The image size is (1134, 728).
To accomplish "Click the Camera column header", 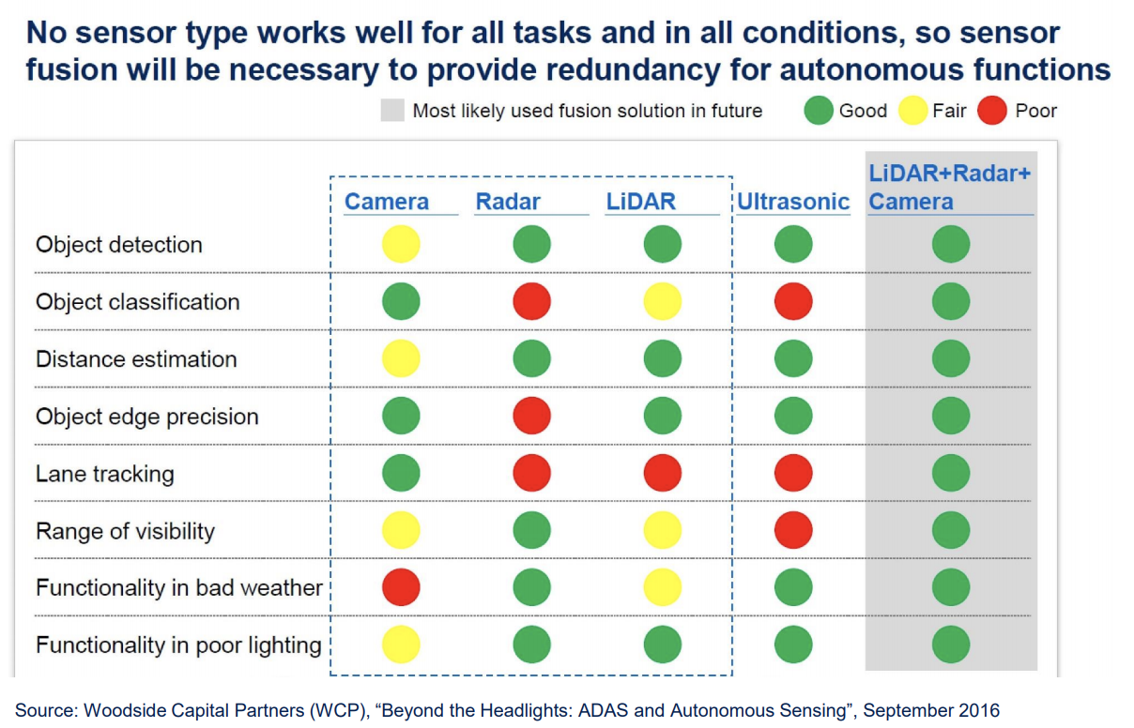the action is coord(387,202).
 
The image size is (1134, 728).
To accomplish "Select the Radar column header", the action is coord(508,202).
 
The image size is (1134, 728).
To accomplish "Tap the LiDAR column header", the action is coord(641,202).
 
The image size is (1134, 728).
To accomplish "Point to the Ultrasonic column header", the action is coord(793,202).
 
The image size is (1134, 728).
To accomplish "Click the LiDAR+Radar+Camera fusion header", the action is coord(950,188).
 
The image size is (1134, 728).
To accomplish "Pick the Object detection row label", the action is coord(119,245).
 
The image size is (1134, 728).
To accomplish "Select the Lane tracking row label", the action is coord(105,474).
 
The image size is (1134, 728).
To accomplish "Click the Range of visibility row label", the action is coord(125,531).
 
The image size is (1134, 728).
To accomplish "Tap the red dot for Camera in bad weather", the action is coord(401,587).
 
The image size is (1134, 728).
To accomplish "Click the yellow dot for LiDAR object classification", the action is coord(662,301).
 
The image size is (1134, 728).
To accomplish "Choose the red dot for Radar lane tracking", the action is coord(531,473).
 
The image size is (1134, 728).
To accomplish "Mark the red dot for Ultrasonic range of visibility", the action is coord(793,530).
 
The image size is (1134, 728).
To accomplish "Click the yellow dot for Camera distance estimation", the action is coord(401,358).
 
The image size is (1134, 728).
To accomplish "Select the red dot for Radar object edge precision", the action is coord(531,416).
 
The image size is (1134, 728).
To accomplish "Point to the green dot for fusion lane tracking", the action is coord(951,473).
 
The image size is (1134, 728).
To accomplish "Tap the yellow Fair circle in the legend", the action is coord(912,111).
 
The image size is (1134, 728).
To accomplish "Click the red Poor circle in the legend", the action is coord(992,111).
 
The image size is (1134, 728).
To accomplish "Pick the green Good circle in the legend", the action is coord(819,111).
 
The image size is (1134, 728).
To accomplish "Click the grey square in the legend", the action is coord(392,111).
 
